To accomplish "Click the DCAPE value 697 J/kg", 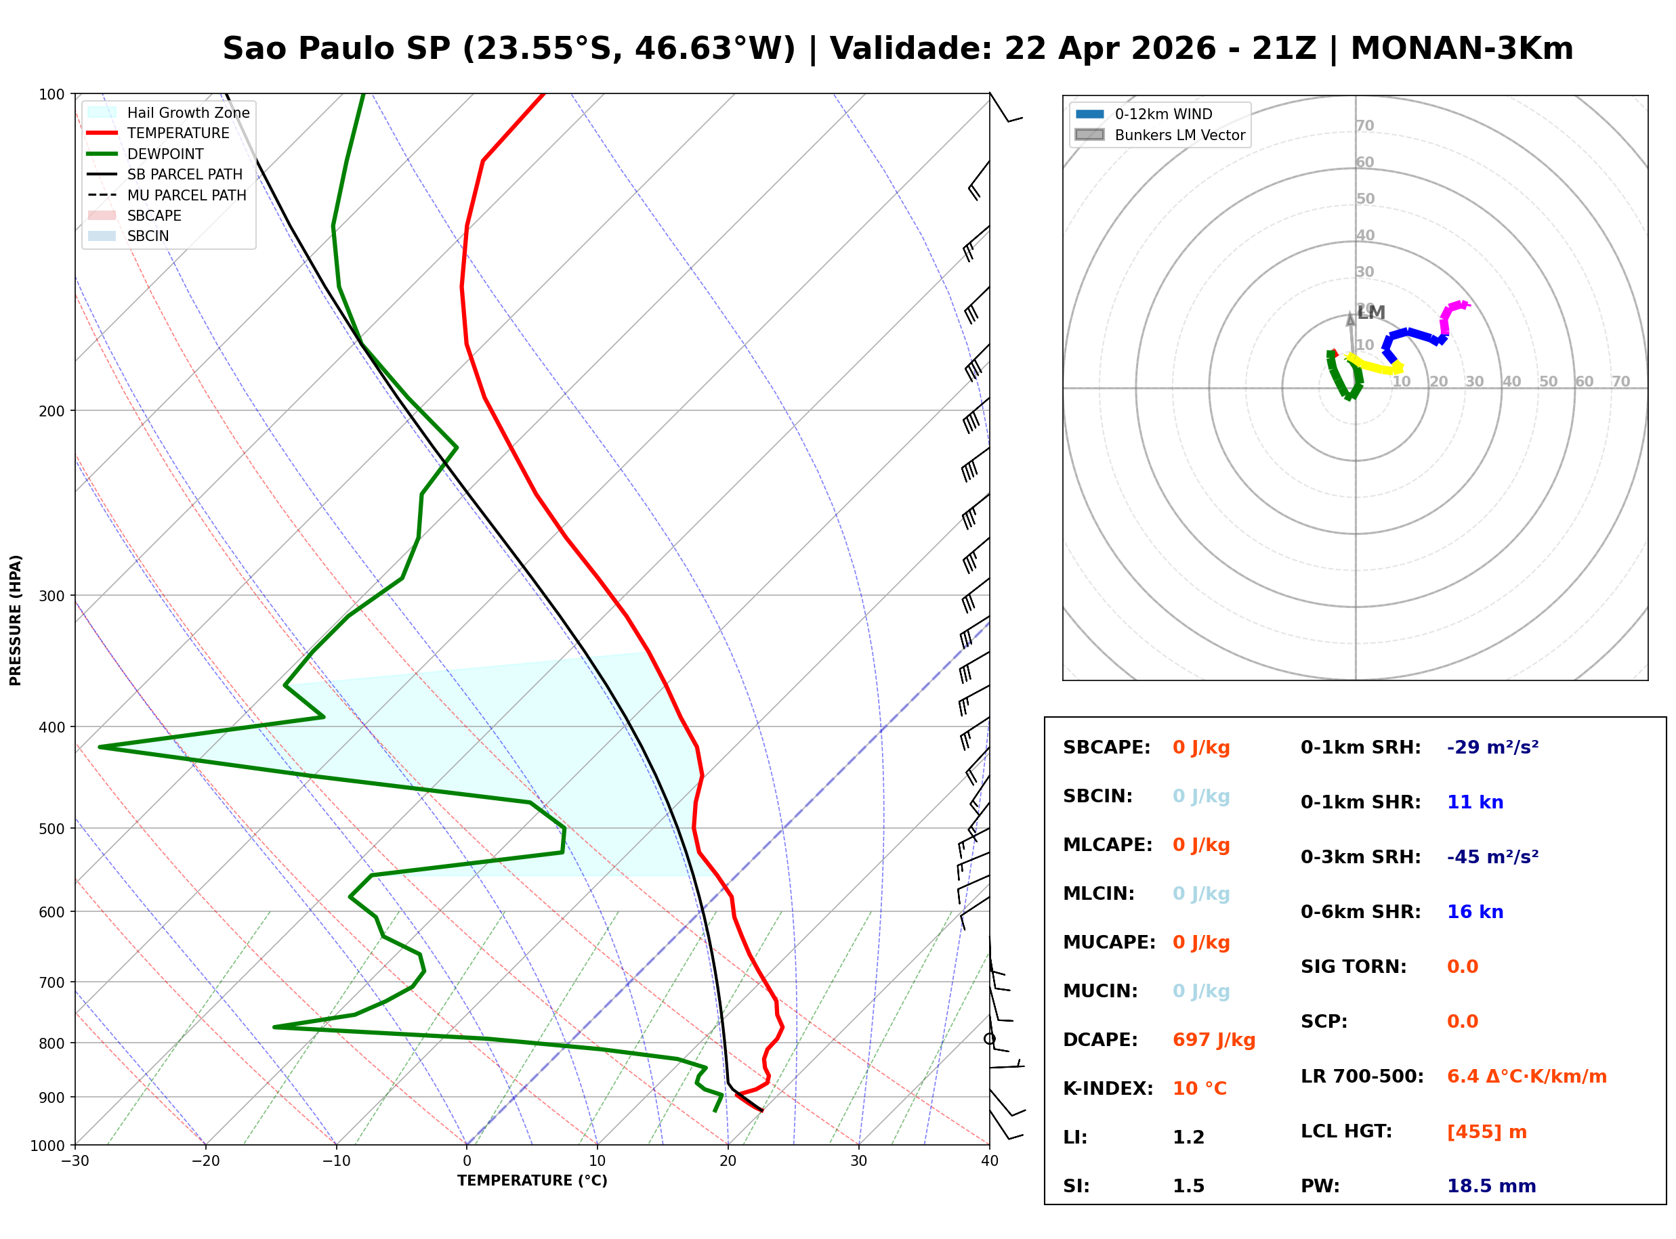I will pyautogui.click(x=1213, y=1039).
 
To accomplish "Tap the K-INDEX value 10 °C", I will pyautogui.click(x=1199, y=1088).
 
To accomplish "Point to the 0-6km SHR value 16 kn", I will pyautogui.click(x=1474, y=911).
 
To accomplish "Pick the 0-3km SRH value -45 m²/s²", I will pyautogui.click(x=1492, y=856).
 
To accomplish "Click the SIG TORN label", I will pyautogui.click(x=1353, y=966).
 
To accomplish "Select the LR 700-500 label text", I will pyautogui.click(x=1362, y=1077).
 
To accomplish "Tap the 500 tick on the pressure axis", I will pyautogui.click(x=51, y=829).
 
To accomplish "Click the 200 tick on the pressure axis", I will pyautogui.click(x=51, y=411).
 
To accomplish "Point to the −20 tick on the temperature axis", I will pyautogui.click(x=205, y=1161).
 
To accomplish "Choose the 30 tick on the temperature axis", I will pyautogui.click(x=858, y=1161).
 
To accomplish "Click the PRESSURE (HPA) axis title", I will pyautogui.click(x=16, y=619).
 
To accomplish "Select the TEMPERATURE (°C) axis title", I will pyautogui.click(x=532, y=1181).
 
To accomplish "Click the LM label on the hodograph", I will pyautogui.click(x=1370, y=313).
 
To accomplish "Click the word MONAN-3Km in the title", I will pyautogui.click(x=1461, y=49).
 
